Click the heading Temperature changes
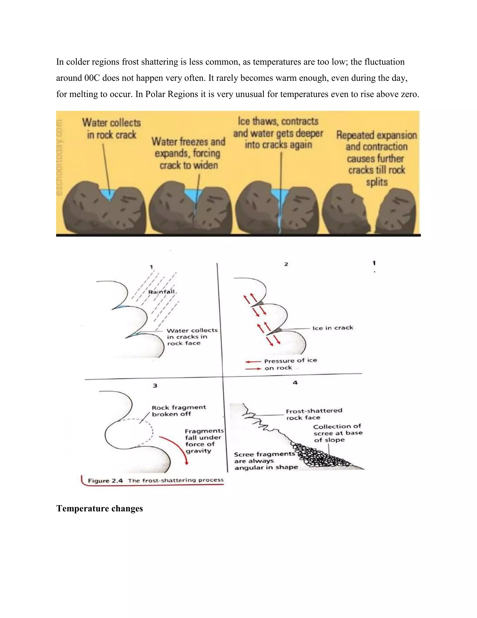(99, 508)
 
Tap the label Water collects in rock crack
(111, 129)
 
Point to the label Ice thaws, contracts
(278, 133)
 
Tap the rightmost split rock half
(397, 211)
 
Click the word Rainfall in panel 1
(161, 292)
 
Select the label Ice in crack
(333, 328)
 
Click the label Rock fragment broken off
(179, 411)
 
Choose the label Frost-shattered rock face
(314, 414)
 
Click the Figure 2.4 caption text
(155, 480)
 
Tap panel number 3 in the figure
(155, 385)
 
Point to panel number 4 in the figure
(295, 382)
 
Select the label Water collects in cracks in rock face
(192, 337)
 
